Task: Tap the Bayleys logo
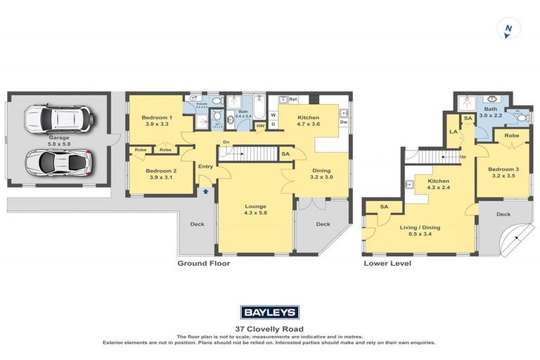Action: (x=270, y=312)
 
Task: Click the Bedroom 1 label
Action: (x=155, y=117)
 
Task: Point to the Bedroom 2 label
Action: (x=155, y=171)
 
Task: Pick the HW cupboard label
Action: (x=260, y=127)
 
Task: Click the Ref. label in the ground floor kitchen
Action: (x=293, y=99)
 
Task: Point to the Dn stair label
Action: (x=226, y=141)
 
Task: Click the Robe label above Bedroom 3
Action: (x=511, y=135)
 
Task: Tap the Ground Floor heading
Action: (x=204, y=264)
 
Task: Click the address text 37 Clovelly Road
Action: (x=270, y=328)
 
